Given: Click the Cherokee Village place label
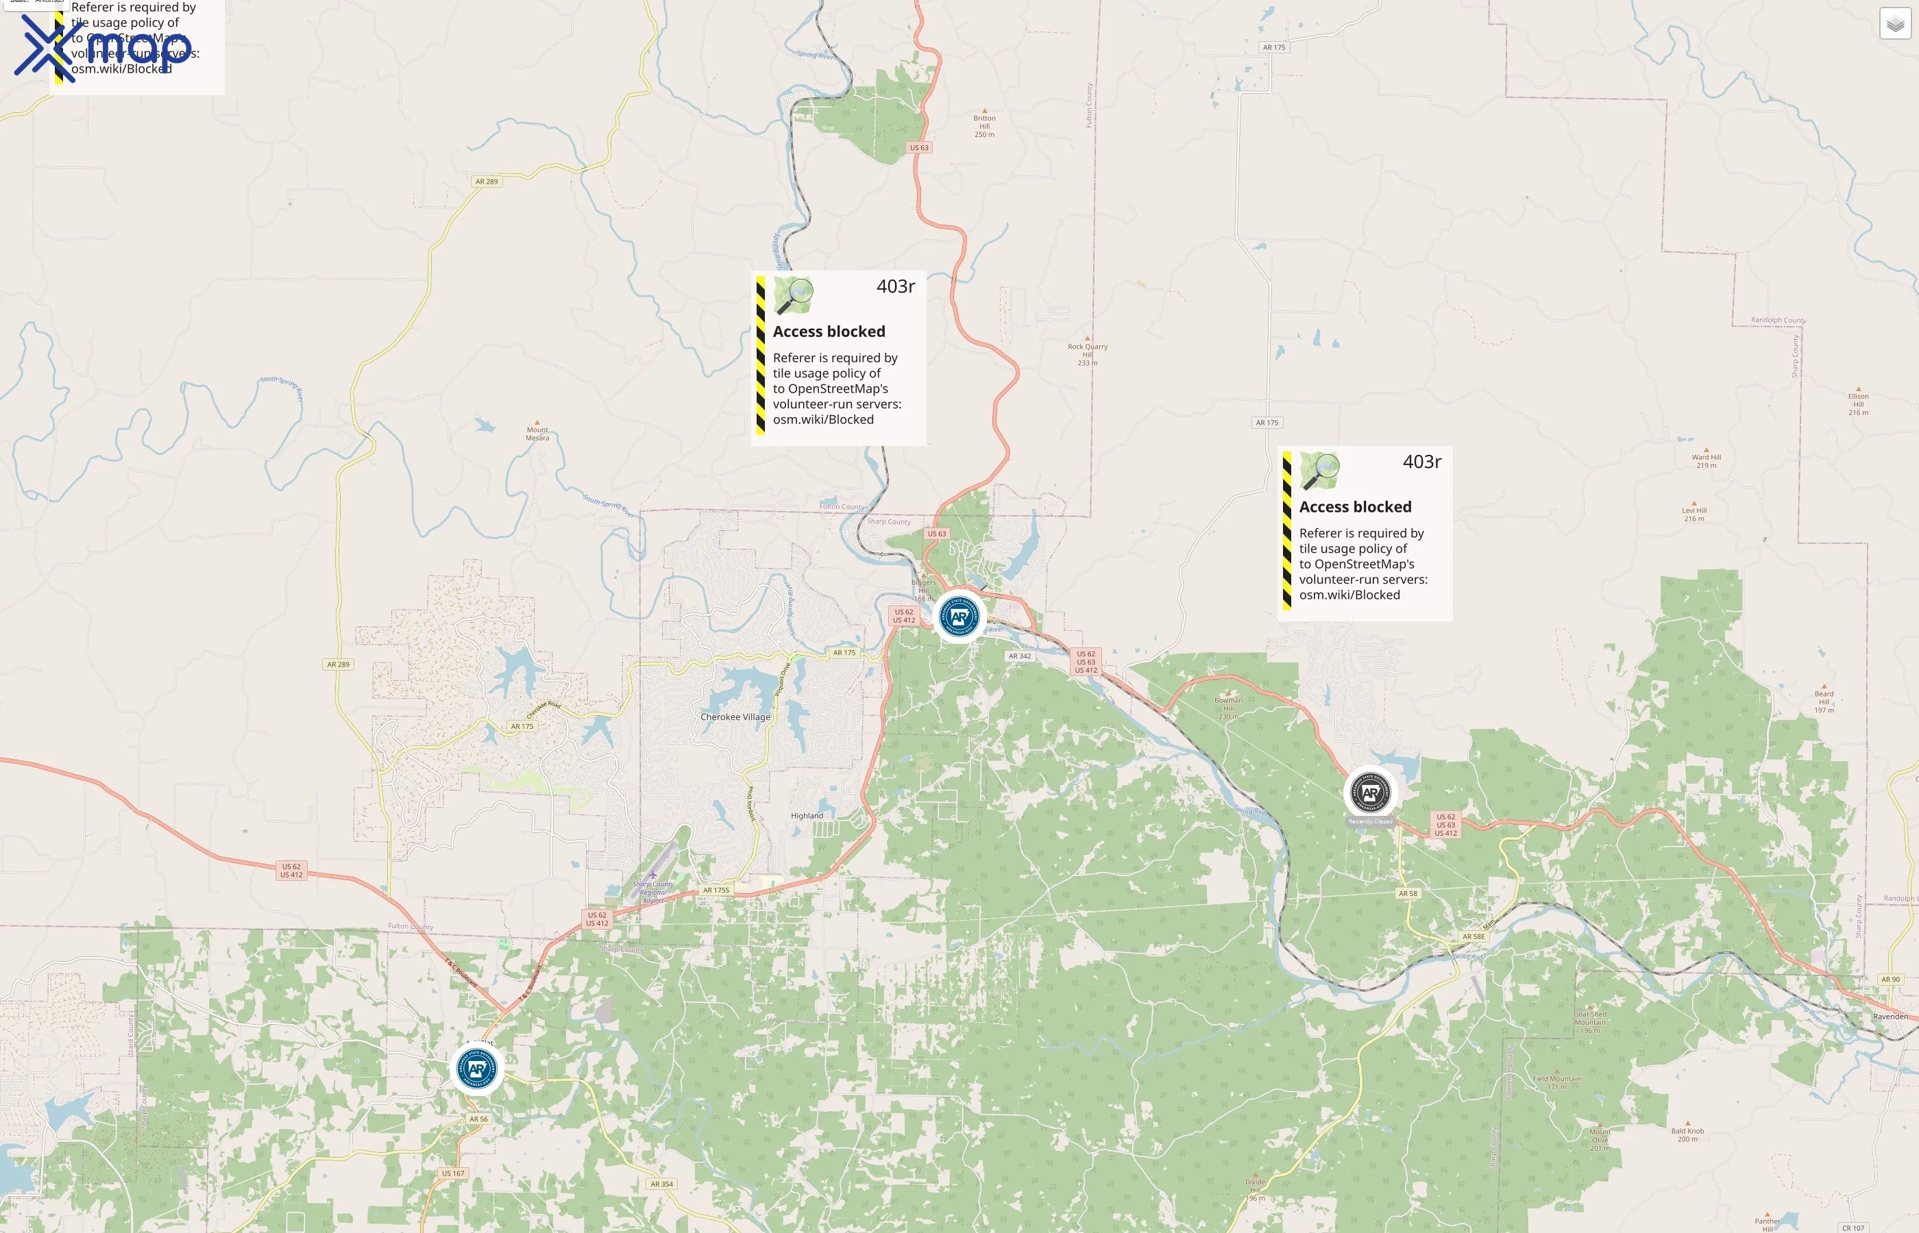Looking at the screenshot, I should [x=735, y=717].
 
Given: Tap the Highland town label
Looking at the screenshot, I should [x=807, y=816].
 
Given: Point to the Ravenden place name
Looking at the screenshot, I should [x=1890, y=1017].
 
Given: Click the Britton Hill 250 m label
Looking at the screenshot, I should [x=984, y=126].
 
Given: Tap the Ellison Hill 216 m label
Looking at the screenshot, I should [x=1858, y=403].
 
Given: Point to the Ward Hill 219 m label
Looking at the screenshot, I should [x=1706, y=460].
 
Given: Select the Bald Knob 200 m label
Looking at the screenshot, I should [x=1687, y=1134].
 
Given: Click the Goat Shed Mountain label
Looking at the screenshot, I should [x=1590, y=1021].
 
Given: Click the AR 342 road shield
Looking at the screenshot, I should [x=1020, y=656].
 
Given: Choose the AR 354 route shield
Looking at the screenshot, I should [x=661, y=1184].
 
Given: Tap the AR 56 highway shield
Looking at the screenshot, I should [x=478, y=1119].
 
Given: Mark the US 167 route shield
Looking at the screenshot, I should [x=452, y=1173].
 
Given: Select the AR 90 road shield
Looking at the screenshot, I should [x=1890, y=979].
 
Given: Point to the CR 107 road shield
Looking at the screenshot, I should [x=1853, y=1228].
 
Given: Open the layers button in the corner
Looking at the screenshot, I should [x=1895, y=24].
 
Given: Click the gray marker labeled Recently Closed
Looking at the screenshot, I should [x=1370, y=793].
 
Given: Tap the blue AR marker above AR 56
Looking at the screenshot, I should [x=476, y=1068].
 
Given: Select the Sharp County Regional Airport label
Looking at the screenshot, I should [x=652, y=891].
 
